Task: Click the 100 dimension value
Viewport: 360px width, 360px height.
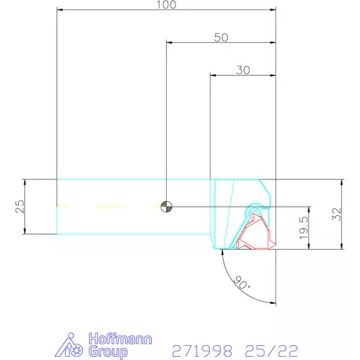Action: pyautogui.click(x=167, y=5)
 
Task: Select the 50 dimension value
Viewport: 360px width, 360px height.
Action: pyautogui.click(x=221, y=37)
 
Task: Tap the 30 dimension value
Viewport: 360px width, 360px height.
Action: pyautogui.click(x=243, y=70)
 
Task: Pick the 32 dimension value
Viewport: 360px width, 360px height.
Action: pyautogui.click(x=337, y=214)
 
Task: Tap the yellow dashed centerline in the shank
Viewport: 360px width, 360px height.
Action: pyautogui.click(x=102, y=207)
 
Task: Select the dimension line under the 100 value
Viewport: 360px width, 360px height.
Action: pyautogui.click(x=167, y=10)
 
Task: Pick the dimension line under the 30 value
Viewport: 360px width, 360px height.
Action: pyautogui.click(x=243, y=75)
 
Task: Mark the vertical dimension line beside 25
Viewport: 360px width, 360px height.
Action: pyautogui.click(x=26, y=206)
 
